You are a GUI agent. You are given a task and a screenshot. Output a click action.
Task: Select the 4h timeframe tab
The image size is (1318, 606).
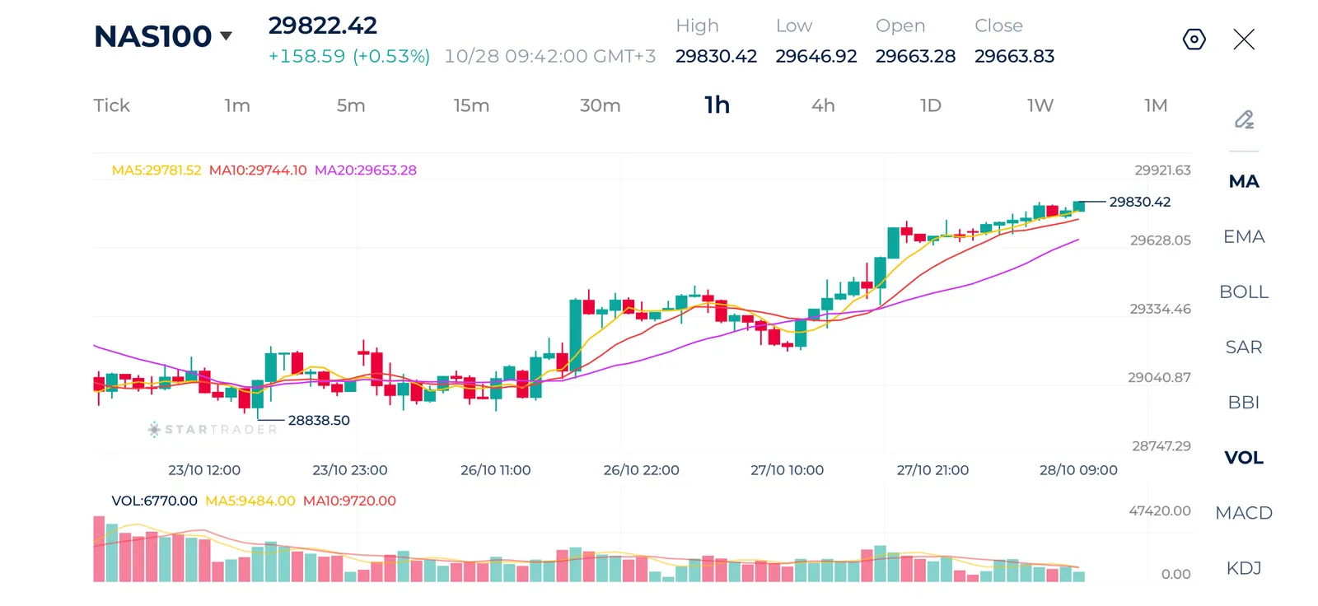point(823,105)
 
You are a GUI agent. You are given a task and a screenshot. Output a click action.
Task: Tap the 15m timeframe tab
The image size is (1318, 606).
point(471,105)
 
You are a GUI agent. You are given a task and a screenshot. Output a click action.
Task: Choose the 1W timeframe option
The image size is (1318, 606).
point(1040,105)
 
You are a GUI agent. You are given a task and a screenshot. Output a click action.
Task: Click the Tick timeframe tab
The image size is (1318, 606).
point(111,105)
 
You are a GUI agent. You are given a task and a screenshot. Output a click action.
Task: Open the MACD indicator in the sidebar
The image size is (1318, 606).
point(1243,512)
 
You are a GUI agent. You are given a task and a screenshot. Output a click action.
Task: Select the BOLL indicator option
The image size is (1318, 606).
point(1243,291)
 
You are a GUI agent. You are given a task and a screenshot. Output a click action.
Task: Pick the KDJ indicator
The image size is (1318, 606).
point(1243,568)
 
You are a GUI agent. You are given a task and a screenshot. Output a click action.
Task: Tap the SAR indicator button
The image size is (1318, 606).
point(1243,347)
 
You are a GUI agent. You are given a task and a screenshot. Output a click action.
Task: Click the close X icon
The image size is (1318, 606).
point(1244,40)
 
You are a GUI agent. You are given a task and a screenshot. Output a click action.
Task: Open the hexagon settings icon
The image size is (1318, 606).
point(1194,40)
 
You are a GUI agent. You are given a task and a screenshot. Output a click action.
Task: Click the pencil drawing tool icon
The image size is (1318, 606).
point(1244,119)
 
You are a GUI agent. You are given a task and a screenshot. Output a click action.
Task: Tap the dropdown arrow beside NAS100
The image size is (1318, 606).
point(226,36)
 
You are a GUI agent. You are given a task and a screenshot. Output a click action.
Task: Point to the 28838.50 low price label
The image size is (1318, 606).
point(318,420)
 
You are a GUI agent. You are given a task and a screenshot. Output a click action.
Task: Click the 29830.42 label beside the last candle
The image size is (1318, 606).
point(1140,202)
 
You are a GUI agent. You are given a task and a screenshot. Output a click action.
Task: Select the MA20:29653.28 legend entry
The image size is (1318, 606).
point(366,170)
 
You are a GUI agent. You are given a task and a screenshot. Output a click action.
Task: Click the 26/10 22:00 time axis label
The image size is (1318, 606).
point(642,470)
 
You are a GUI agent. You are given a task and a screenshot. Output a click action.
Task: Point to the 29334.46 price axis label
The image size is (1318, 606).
point(1161,309)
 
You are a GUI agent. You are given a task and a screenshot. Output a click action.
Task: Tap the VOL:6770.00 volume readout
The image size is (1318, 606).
point(154,501)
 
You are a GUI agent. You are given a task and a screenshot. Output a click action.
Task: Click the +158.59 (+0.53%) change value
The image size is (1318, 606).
point(349,57)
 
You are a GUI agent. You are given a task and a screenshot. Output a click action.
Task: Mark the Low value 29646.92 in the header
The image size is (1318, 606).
point(816,57)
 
